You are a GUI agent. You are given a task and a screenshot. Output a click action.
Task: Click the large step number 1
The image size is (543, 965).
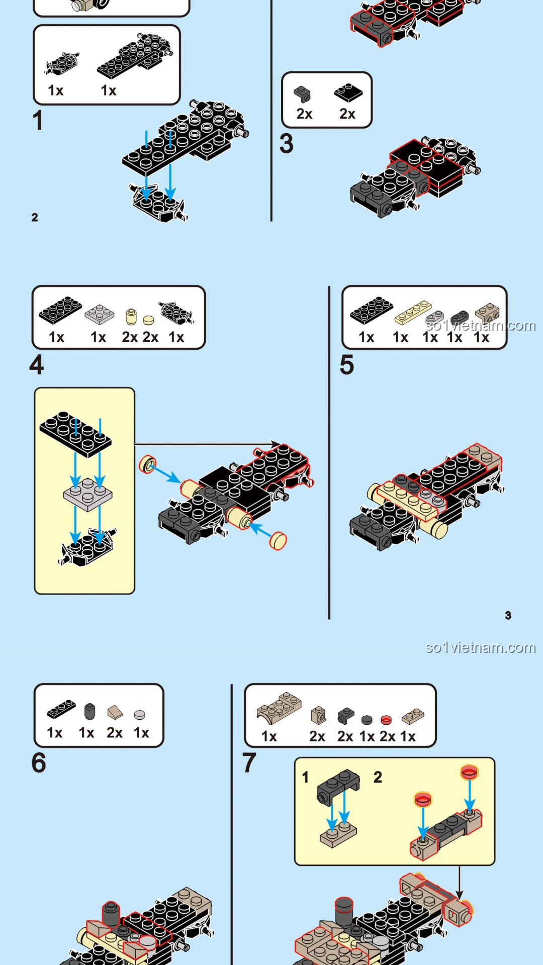(38, 121)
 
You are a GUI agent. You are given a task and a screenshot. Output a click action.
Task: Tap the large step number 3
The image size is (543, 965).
(287, 144)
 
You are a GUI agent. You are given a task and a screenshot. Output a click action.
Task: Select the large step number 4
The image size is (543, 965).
(37, 365)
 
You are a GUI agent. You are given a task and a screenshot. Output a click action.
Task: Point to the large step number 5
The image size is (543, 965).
(347, 365)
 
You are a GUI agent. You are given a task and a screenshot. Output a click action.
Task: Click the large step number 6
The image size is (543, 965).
(39, 763)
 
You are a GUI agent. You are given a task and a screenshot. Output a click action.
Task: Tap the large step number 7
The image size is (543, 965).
(249, 763)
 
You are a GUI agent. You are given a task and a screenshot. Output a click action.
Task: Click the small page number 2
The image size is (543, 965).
(35, 218)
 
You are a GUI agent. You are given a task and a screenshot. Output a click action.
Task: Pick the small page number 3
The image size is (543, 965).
(508, 616)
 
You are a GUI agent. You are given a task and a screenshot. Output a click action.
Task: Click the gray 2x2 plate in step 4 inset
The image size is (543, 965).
(88, 494)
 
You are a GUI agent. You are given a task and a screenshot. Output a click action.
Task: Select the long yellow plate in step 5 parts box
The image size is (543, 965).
(413, 313)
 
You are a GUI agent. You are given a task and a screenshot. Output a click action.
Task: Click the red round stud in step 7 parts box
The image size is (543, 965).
(386, 720)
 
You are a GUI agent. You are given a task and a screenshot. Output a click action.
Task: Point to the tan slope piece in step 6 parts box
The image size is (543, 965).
(115, 712)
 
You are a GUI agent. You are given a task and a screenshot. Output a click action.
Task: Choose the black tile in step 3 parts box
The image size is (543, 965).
(348, 92)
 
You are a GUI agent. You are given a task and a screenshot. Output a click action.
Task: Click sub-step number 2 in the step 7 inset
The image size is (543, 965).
(378, 778)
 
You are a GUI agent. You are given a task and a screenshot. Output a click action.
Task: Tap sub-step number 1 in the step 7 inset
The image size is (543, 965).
(305, 778)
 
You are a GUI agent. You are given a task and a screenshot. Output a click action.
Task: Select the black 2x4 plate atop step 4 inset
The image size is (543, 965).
(75, 434)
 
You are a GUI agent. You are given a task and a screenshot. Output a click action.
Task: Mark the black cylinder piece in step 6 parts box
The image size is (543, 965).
(89, 711)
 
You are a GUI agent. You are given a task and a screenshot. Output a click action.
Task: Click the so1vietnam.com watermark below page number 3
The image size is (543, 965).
(480, 647)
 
